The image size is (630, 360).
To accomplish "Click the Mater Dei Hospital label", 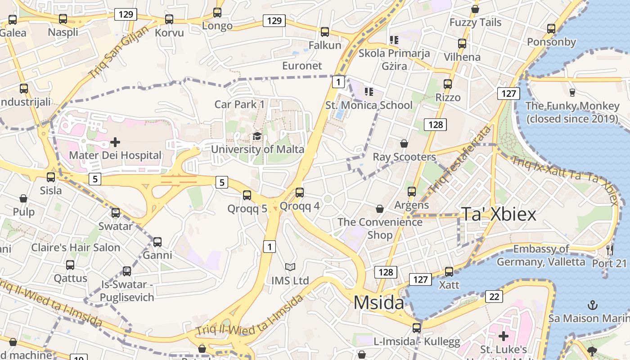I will click(x=115, y=155).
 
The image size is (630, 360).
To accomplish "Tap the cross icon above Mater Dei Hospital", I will click(x=115, y=142).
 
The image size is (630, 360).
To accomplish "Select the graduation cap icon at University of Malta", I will click(x=257, y=136).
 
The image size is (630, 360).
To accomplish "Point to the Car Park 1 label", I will click(x=239, y=104).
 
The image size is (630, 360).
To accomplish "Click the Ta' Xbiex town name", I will click(x=499, y=214).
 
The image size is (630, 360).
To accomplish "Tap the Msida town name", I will click(x=378, y=302).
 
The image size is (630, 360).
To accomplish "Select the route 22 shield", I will click(x=494, y=297).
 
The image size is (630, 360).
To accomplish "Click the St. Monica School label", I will click(x=369, y=105).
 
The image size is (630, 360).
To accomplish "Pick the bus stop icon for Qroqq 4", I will click(x=300, y=193).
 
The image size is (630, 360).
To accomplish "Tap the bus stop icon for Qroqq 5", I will click(x=247, y=195).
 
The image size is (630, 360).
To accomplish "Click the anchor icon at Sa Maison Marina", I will click(x=593, y=305).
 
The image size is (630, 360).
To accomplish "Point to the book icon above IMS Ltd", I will click(x=290, y=267).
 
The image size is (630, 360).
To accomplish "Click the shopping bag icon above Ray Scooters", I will click(x=404, y=144).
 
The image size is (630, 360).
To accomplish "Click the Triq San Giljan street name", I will click(x=119, y=52).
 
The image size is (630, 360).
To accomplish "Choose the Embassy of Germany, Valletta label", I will click(x=541, y=255).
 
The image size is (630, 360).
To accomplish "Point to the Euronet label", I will click(x=302, y=66).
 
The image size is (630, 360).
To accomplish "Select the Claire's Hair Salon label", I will click(x=76, y=247).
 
